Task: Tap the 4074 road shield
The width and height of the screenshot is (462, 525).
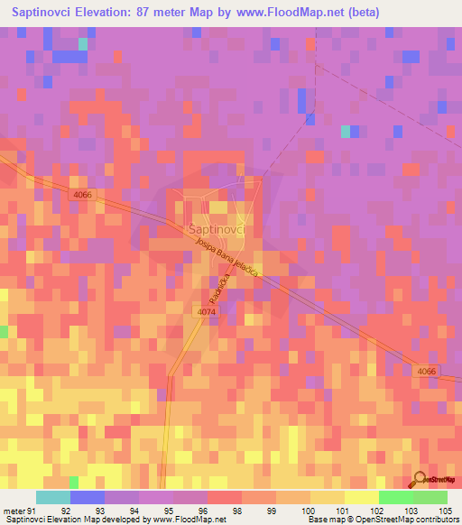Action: (206, 312)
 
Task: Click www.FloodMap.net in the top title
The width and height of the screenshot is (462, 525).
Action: (287, 13)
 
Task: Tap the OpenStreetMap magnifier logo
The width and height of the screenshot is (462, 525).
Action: (418, 478)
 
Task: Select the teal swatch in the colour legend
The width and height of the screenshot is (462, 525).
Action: (53, 497)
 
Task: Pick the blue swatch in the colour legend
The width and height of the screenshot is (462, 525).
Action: (88, 497)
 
